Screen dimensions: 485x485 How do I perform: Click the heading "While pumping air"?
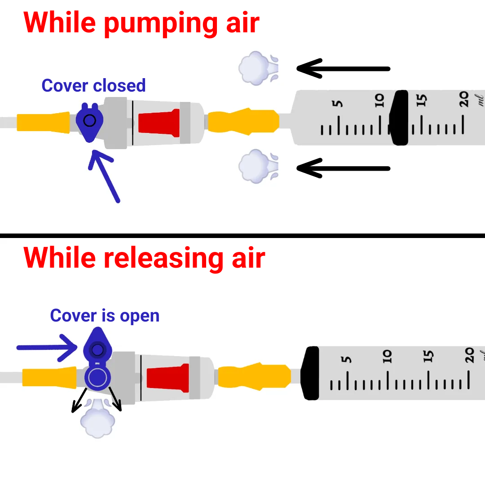(x=141, y=22)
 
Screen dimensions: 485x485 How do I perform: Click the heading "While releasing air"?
(x=144, y=258)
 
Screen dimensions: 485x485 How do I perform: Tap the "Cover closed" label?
(x=93, y=85)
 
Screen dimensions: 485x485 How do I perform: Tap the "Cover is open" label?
(x=105, y=315)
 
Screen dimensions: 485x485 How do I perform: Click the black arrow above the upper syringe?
(x=344, y=69)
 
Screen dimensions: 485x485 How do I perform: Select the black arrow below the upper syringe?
(x=344, y=169)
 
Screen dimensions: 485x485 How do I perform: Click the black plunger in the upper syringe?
(x=399, y=118)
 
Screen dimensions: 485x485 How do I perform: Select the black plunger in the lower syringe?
(x=310, y=373)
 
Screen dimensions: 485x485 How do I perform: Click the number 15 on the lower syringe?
(x=429, y=357)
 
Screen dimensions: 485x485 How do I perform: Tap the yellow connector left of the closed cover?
(x=43, y=123)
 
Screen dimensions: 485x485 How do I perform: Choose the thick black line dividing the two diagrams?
(x=242, y=235)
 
